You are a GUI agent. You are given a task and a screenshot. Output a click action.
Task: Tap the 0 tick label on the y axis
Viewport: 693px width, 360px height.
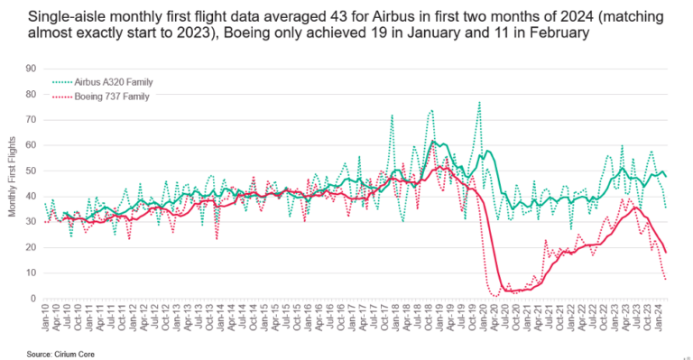(x=33, y=299)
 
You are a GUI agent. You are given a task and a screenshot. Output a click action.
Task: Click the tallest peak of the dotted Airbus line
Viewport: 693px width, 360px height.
(x=479, y=102)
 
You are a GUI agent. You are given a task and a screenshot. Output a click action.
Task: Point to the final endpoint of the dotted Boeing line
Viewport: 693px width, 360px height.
(x=667, y=280)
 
